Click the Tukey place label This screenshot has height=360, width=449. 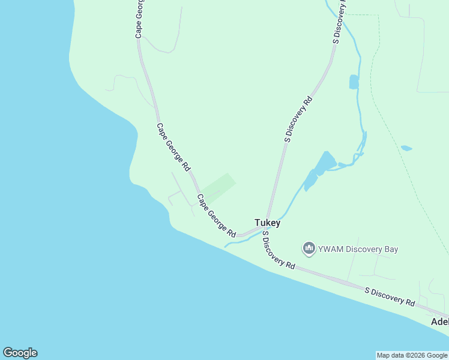267,223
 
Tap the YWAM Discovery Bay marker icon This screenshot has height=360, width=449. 309,248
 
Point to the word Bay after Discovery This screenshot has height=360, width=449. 390,249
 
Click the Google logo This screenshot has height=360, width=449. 20,353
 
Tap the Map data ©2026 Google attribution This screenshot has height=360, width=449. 412,355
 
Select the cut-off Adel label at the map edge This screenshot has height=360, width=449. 440,322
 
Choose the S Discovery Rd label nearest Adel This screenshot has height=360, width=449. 390,297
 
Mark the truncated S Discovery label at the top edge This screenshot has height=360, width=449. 339,21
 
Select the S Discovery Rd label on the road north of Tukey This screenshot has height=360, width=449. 298,119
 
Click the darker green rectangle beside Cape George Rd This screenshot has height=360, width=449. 217,187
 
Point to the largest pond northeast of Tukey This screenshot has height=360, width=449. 325,163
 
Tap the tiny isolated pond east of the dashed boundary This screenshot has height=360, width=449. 406,148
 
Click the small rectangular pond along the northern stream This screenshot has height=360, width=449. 354,82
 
